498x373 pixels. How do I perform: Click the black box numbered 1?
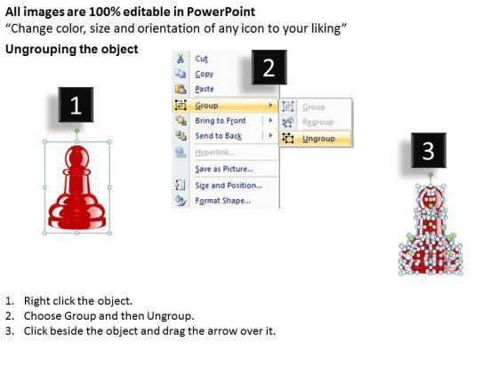tap(76, 105)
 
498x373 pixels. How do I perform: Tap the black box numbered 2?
tap(269, 67)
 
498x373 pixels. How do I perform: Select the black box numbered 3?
tap(429, 150)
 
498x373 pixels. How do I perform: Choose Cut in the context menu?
tap(201, 59)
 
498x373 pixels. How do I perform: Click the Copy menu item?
tap(205, 74)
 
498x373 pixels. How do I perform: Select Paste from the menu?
tap(205, 89)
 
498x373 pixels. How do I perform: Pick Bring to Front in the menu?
tap(221, 121)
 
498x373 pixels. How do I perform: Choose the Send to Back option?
tap(219, 136)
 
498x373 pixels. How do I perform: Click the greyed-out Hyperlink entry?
tap(215, 153)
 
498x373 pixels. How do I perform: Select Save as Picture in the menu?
tap(224, 169)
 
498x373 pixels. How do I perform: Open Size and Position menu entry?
tap(229, 186)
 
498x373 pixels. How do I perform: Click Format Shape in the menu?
tap(222, 201)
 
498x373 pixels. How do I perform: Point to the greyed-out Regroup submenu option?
tap(318, 123)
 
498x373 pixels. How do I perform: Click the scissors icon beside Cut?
tap(181, 59)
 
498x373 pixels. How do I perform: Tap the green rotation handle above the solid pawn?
tap(76, 131)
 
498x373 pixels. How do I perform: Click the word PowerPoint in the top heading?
tap(221, 12)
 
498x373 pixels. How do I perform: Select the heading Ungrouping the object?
tap(72, 49)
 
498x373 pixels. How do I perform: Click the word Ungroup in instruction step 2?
tap(170, 316)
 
